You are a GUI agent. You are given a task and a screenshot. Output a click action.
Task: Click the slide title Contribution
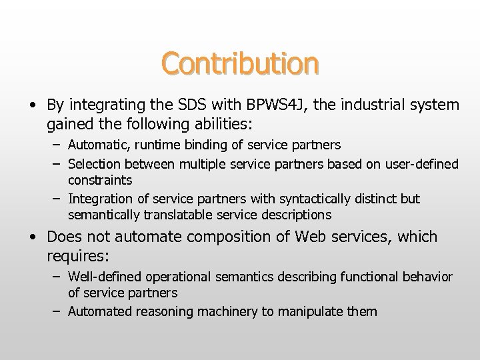click(x=239, y=63)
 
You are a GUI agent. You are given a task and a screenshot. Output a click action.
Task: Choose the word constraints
click(x=99, y=180)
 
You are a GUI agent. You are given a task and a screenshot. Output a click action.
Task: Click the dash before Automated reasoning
click(x=57, y=311)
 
